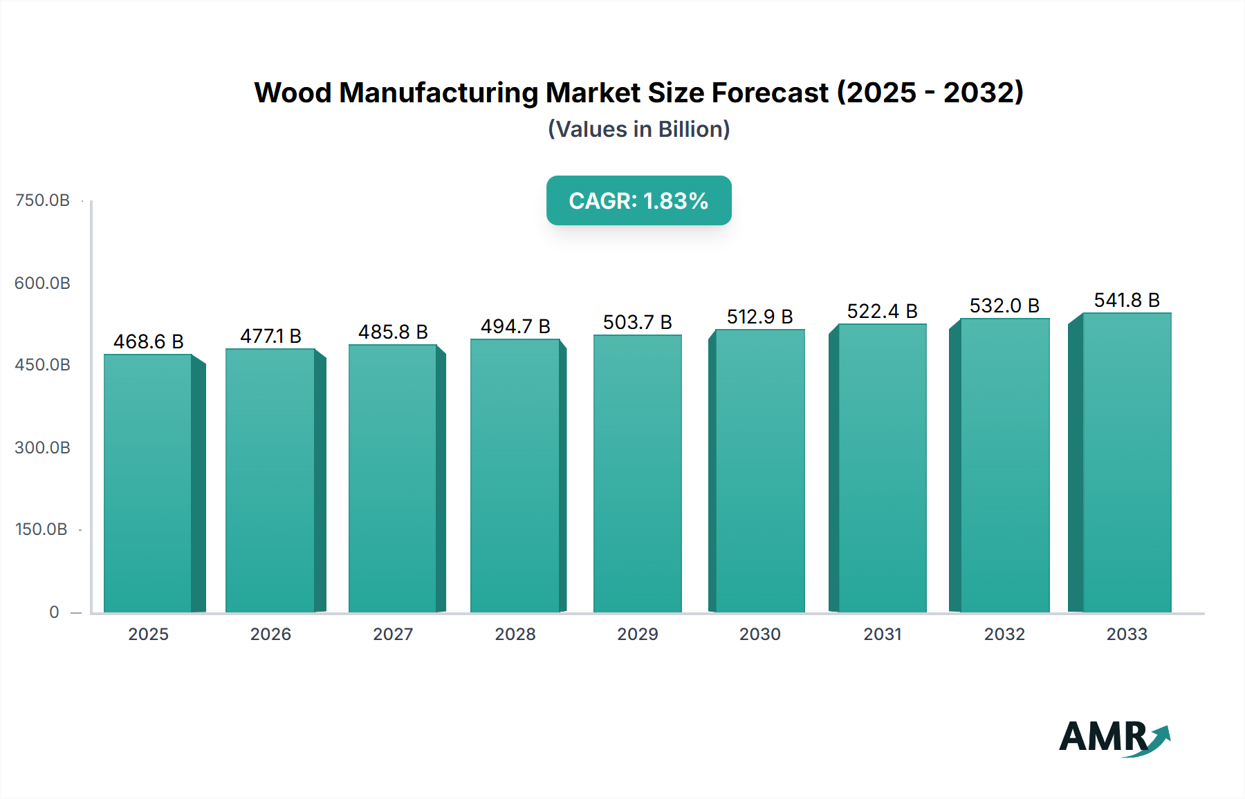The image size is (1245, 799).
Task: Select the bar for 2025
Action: [148, 484]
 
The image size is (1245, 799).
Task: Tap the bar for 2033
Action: [1126, 463]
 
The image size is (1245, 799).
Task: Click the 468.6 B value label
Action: [148, 341]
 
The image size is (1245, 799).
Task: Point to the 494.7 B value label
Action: [515, 326]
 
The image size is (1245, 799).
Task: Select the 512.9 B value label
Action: [759, 317]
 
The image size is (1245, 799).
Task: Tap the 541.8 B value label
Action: [1126, 300]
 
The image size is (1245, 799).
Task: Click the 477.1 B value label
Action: [270, 336]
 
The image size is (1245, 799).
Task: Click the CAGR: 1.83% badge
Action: [638, 200]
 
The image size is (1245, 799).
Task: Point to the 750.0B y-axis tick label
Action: [42, 200]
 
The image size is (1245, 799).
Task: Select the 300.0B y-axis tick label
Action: [42, 448]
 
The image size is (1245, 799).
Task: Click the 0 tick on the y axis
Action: [54, 612]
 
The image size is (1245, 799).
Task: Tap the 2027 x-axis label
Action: [393, 634]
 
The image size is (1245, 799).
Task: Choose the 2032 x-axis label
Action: [1004, 634]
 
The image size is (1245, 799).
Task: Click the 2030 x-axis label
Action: [759, 634]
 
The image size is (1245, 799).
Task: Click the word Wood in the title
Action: [293, 93]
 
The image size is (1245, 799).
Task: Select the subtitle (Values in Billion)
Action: [638, 129]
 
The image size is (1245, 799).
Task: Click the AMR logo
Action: [1114, 737]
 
